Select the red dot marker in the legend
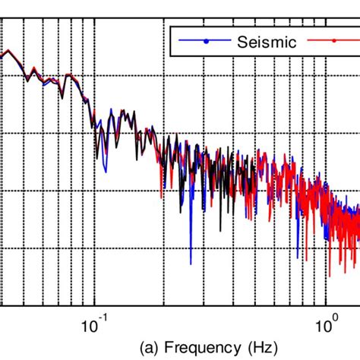[x=333, y=42]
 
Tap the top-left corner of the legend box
[x=169, y=27]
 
